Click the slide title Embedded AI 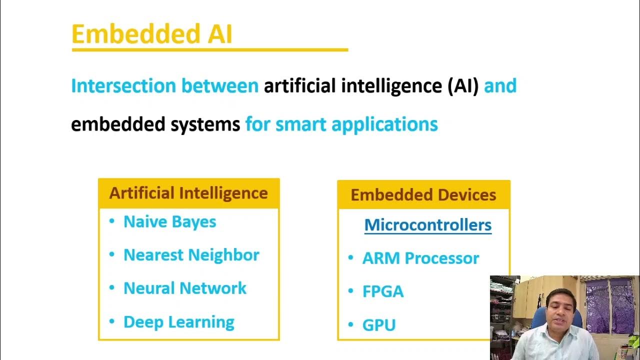pyautogui.click(x=152, y=34)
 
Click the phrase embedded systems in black pyautogui.click(x=155, y=124)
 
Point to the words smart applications pyautogui.click(x=356, y=124)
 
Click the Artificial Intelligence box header pyautogui.click(x=188, y=193)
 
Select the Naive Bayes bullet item pyautogui.click(x=169, y=221)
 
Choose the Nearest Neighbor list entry pyautogui.click(x=191, y=255)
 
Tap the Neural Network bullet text pyautogui.click(x=184, y=288)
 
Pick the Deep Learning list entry pyautogui.click(x=178, y=322)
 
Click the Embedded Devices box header pyautogui.click(x=423, y=195)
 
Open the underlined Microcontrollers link pyautogui.click(x=427, y=225)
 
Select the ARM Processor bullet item pyautogui.click(x=420, y=258)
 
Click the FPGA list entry pyautogui.click(x=382, y=292)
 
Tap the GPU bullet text pyautogui.click(x=379, y=325)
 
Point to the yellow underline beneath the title pyautogui.click(x=209, y=49)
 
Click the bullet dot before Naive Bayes pyautogui.click(x=111, y=221)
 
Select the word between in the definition pyautogui.click(x=219, y=86)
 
